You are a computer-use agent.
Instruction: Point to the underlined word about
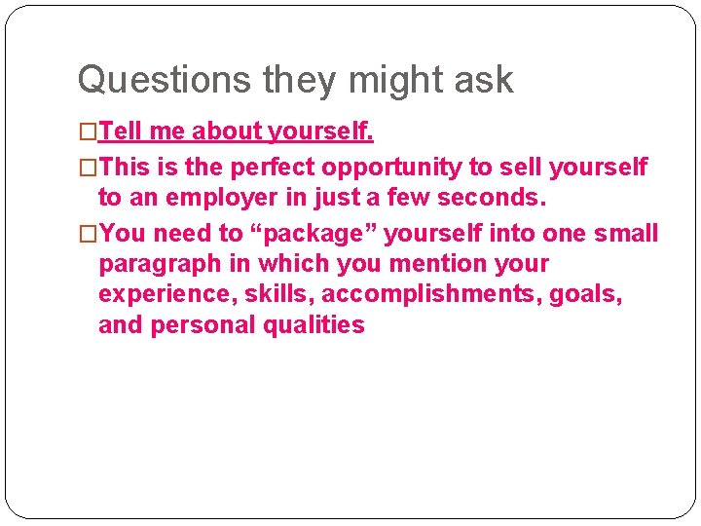(x=228, y=131)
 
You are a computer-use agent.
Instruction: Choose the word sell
(x=522, y=168)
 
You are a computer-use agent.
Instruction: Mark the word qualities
(x=314, y=325)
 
